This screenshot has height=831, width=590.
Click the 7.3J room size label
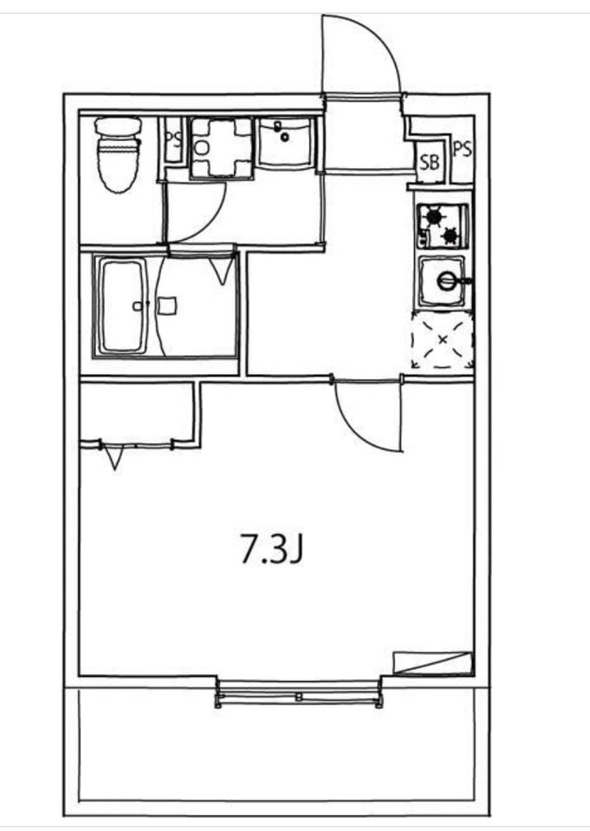click(272, 548)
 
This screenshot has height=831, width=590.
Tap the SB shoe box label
click(430, 162)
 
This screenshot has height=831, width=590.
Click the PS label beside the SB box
click(462, 149)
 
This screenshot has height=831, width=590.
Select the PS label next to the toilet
click(173, 139)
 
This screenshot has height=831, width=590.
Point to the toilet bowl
click(119, 155)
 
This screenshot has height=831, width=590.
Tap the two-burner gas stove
click(443, 226)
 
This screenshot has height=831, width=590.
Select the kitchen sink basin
click(443, 281)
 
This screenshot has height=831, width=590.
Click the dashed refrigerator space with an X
click(443, 339)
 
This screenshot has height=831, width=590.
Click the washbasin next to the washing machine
click(285, 143)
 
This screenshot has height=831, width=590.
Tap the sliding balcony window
click(299, 695)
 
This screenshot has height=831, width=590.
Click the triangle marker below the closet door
click(113, 457)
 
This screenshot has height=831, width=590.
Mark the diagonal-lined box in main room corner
click(432, 662)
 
